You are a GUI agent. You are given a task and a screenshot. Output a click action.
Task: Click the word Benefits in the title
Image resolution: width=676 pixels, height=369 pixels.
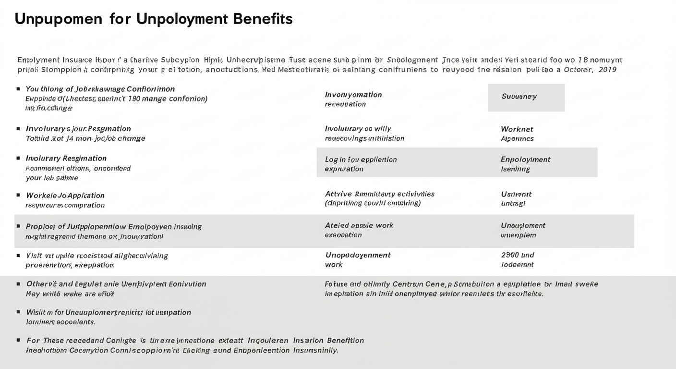(263, 19)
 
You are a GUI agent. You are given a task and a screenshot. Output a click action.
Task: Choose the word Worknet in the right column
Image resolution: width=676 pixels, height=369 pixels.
(517, 129)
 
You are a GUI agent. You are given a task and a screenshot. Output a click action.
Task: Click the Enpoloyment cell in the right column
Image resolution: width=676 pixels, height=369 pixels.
(525, 160)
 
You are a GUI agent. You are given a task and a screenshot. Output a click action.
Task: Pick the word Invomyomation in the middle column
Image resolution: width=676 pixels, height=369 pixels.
(353, 95)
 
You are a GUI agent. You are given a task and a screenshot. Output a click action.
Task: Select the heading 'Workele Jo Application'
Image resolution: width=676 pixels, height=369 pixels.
(65, 196)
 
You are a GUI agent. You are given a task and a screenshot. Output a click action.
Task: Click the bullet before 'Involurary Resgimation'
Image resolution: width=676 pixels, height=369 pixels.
(18, 158)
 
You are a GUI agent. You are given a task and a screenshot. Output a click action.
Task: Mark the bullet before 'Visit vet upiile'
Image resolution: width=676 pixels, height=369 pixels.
(18, 255)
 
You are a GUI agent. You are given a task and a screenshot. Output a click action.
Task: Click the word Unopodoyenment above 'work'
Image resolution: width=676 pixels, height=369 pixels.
(358, 255)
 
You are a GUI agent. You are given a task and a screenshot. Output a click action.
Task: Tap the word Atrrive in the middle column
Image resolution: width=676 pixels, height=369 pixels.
(338, 194)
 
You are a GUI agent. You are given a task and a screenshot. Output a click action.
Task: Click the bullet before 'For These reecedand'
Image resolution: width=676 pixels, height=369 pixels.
(18, 340)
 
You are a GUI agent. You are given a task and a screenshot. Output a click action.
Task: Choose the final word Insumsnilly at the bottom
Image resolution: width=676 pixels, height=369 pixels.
(315, 350)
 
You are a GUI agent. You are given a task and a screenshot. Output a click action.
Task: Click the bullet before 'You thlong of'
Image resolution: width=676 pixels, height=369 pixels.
(18, 89)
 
